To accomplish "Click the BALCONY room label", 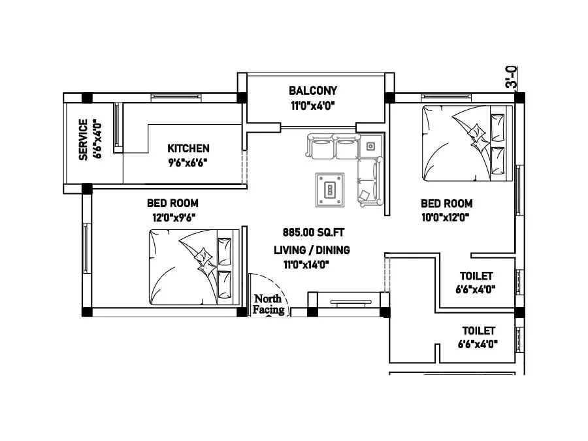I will pyautogui.click(x=313, y=91).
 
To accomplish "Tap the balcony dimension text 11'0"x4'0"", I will pyautogui.click(x=313, y=105).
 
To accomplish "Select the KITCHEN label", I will pyautogui.click(x=188, y=148).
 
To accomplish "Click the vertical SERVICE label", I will pyautogui.click(x=83, y=139).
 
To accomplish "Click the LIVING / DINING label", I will pyautogui.click(x=312, y=250).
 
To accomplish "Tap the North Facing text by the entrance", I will pyautogui.click(x=269, y=303).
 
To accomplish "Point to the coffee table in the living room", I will pyautogui.click(x=330, y=189).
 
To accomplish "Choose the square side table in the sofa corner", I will pyautogui.click(x=370, y=146).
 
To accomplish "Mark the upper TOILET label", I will pyautogui.click(x=476, y=276).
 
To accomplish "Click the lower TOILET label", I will pyautogui.click(x=478, y=331).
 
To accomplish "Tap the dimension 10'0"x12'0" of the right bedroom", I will pyautogui.click(x=446, y=217).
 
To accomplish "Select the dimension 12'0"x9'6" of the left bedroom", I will pyautogui.click(x=172, y=218).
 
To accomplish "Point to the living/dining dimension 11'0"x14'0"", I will pyautogui.click(x=306, y=264).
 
